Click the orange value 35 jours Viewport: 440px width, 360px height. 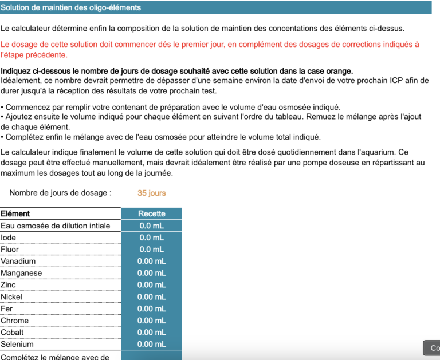151,193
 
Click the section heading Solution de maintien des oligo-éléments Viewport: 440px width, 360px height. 71,8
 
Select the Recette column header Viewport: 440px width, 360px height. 151,213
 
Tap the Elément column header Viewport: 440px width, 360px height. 15,213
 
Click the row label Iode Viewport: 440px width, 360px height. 9,238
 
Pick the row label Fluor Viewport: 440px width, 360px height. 10,250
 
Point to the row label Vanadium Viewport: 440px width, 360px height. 18,261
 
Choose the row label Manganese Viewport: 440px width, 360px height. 21,273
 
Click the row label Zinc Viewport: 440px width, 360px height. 9,285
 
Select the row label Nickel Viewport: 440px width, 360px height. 11,297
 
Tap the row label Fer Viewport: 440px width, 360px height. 7,309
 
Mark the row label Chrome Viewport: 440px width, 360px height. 14,321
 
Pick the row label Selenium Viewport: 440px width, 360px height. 17,345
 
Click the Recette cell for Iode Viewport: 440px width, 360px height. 151,238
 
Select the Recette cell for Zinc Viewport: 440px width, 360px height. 151,285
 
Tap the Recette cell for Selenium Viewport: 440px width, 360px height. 151,345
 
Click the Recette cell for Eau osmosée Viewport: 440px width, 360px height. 151,226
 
